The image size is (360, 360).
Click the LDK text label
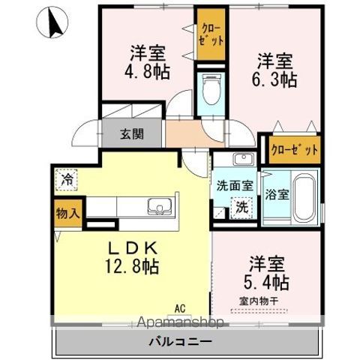tap(135, 247)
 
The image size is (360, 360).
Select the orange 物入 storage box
tap(67, 213)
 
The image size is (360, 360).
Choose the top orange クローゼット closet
tap(208, 34)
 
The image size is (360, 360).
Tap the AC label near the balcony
tap(179, 307)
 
